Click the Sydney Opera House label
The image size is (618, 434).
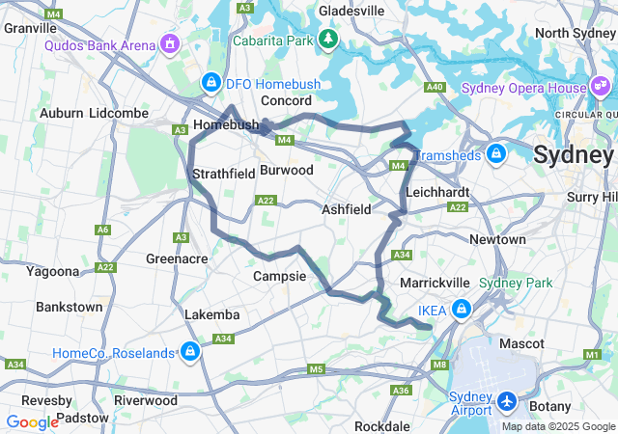[524, 88]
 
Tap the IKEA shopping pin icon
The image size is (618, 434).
[462, 310]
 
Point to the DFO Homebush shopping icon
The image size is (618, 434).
[210, 84]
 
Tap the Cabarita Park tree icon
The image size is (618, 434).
[329, 40]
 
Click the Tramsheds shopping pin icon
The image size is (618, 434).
[496, 153]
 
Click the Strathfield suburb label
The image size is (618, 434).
[223, 174]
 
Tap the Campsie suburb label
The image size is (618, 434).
[279, 276]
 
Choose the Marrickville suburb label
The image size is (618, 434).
[435, 283]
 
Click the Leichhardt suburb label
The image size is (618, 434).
[437, 193]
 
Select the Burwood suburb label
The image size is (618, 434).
[287, 170]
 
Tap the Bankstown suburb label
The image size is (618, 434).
[69, 307]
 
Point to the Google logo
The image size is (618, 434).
[32, 421]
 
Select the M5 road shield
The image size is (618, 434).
[316, 369]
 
